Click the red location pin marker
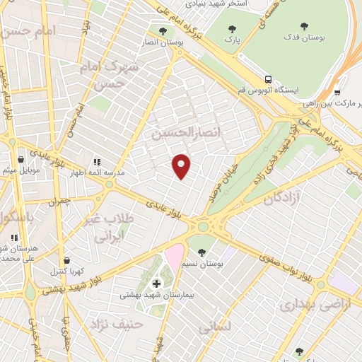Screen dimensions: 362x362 (182, 166)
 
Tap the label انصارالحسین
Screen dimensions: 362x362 (182, 132)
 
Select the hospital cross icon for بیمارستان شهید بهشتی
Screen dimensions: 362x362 (157, 284)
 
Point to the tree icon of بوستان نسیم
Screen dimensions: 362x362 (202, 252)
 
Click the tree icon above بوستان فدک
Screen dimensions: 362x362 (304, 25)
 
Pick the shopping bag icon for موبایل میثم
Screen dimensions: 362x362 (21, 160)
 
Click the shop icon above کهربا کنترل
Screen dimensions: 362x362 (66, 261)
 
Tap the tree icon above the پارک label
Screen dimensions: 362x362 (232, 29)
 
